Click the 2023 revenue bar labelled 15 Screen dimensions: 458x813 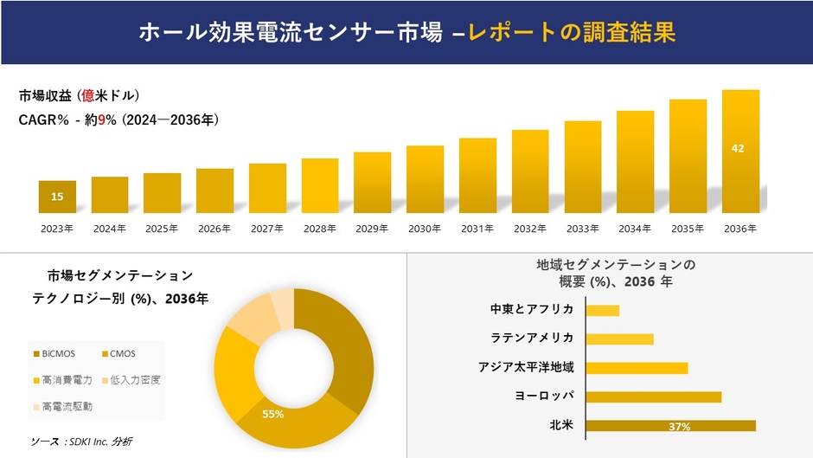[x=57, y=197]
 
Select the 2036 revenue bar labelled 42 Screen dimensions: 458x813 [x=740, y=152]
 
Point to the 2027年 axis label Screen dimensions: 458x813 [x=267, y=229]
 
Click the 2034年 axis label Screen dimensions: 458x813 [x=635, y=229]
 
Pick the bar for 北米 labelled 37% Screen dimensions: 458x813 [x=670, y=425]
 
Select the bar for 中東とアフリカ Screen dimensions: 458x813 [x=603, y=310]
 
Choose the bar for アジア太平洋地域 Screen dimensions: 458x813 [x=637, y=368]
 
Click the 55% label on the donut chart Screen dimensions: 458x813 [x=273, y=415]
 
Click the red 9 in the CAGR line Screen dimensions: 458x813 [x=100, y=120]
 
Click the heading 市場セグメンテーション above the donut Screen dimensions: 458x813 [x=121, y=276]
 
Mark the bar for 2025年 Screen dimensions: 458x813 [x=162, y=193]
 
